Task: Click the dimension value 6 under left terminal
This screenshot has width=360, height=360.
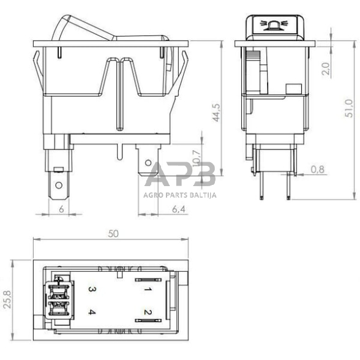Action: [x=61, y=209]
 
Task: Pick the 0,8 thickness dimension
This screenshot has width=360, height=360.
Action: [x=317, y=169]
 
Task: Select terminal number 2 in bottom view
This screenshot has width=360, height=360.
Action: [x=148, y=313]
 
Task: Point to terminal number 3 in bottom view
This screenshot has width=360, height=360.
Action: [x=91, y=288]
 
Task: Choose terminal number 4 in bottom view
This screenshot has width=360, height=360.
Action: [x=91, y=313]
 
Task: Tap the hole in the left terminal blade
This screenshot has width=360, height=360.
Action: [x=58, y=185]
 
